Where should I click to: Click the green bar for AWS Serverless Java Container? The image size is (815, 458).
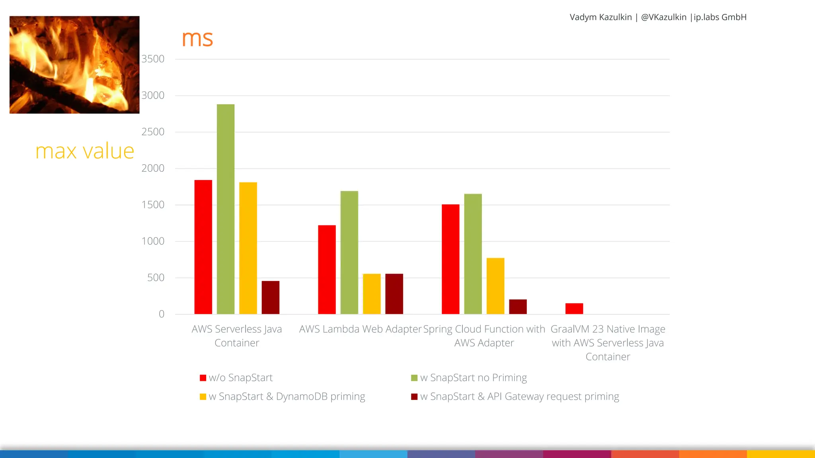[x=226, y=209]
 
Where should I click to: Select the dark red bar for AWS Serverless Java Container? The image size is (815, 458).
[x=271, y=297]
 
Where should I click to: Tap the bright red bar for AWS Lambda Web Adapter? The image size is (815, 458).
[x=327, y=270]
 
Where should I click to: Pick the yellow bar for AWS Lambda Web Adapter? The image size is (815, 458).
[x=372, y=294]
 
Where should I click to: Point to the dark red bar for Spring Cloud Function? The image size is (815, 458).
[x=518, y=307]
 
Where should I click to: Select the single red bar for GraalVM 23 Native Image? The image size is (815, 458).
[x=574, y=309]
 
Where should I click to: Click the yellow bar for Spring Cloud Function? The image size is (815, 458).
[x=495, y=286]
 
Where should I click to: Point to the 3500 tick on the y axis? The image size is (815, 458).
[x=153, y=59]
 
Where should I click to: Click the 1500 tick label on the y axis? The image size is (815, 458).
[x=153, y=205]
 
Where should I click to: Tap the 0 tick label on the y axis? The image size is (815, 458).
[x=162, y=314]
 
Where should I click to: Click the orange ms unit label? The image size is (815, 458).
[x=197, y=39]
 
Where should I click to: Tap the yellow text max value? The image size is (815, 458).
[x=85, y=151]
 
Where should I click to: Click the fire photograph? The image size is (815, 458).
[x=74, y=65]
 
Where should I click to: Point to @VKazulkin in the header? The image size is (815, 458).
[x=663, y=17]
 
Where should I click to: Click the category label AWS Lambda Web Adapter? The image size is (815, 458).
[x=360, y=329]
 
